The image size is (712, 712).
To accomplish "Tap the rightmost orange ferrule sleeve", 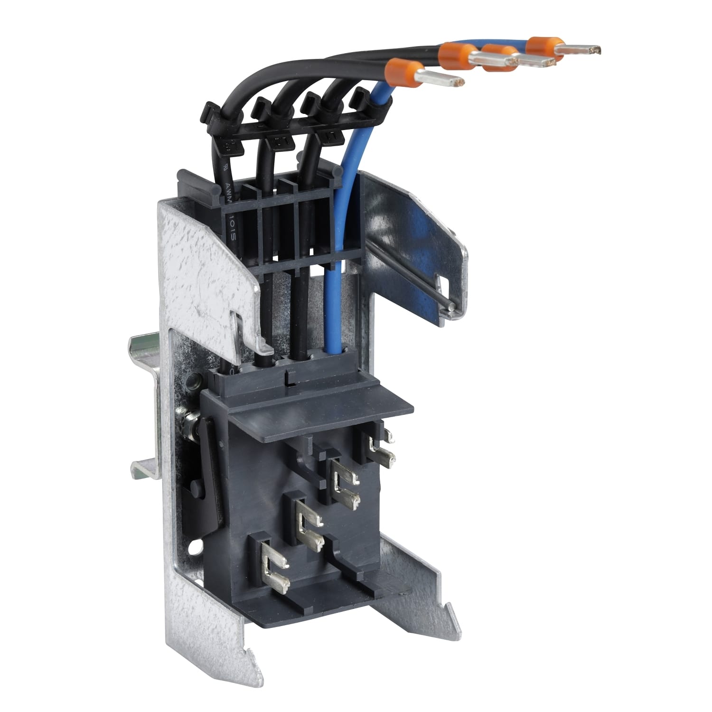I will pos(543,46).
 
